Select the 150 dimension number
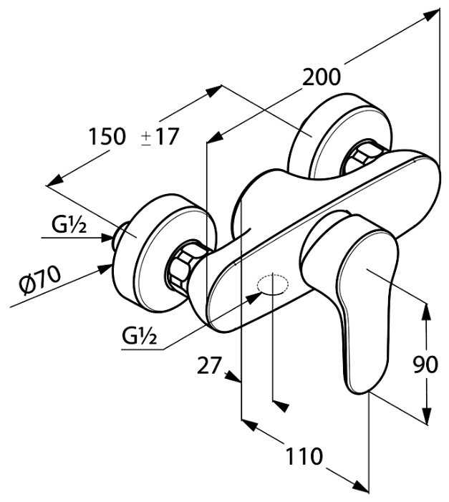pyautogui.click(x=107, y=136)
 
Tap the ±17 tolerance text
pyautogui.click(x=160, y=136)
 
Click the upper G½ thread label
pyautogui.click(x=69, y=226)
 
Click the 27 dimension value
pyautogui.click(x=209, y=366)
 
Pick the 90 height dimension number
pyautogui.click(x=425, y=365)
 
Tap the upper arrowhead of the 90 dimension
pyautogui.click(x=427, y=309)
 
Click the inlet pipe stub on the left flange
pyautogui.click(x=122, y=234)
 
